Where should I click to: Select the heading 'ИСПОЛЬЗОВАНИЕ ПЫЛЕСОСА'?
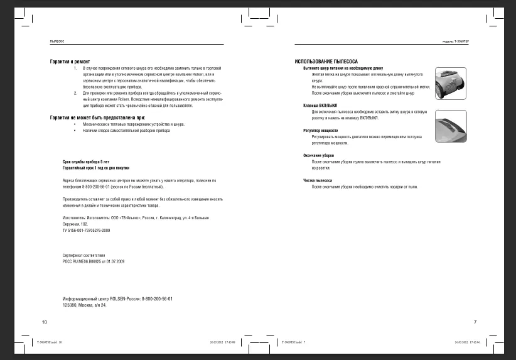(x=326, y=62)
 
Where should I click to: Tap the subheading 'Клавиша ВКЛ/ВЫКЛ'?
(x=320, y=106)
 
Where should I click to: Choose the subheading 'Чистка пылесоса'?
(x=318, y=180)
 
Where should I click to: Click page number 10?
(x=45, y=322)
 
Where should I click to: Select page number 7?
(x=475, y=322)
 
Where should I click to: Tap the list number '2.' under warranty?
(x=75, y=93)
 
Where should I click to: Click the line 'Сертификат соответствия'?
(x=83, y=255)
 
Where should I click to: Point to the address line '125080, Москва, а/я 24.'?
(x=85, y=305)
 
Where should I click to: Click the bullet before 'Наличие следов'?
(x=75, y=130)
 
